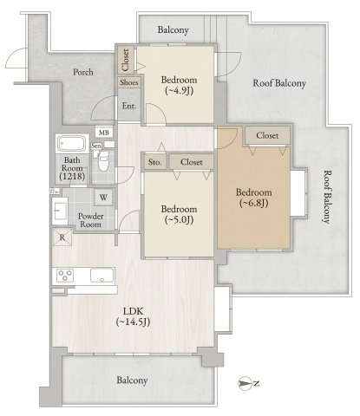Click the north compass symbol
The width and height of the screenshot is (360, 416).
click(x=245, y=383)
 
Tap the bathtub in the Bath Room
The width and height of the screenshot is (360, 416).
click(x=72, y=144)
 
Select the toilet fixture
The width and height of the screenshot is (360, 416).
click(x=102, y=161)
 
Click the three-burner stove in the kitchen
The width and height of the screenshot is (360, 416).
click(x=65, y=275)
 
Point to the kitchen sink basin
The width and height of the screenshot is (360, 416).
click(x=102, y=275)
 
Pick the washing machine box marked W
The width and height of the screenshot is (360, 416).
click(x=103, y=198)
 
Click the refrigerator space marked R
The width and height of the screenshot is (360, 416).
click(x=62, y=237)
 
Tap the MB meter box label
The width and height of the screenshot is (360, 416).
click(x=104, y=133)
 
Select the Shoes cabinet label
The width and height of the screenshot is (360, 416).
click(x=129, y=82)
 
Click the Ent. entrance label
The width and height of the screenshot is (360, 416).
click(x=129, y=106)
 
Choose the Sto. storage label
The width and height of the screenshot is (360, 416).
click(x=155, y=162)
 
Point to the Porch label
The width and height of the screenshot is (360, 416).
click(x=83, y=72)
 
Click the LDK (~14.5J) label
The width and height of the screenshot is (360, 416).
click(x=133, y=316)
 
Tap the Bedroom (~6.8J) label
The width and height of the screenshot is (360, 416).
click(x=253, y=198)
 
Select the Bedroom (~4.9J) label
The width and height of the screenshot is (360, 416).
click(x=179, y=85)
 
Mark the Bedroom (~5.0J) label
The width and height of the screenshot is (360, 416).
click(x=179, y=215)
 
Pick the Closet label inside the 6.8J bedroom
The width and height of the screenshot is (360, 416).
click(x=267, y=135)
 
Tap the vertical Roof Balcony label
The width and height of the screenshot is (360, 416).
click(x=326, y=197)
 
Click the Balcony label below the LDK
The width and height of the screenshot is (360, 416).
click(x=132, y=380)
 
